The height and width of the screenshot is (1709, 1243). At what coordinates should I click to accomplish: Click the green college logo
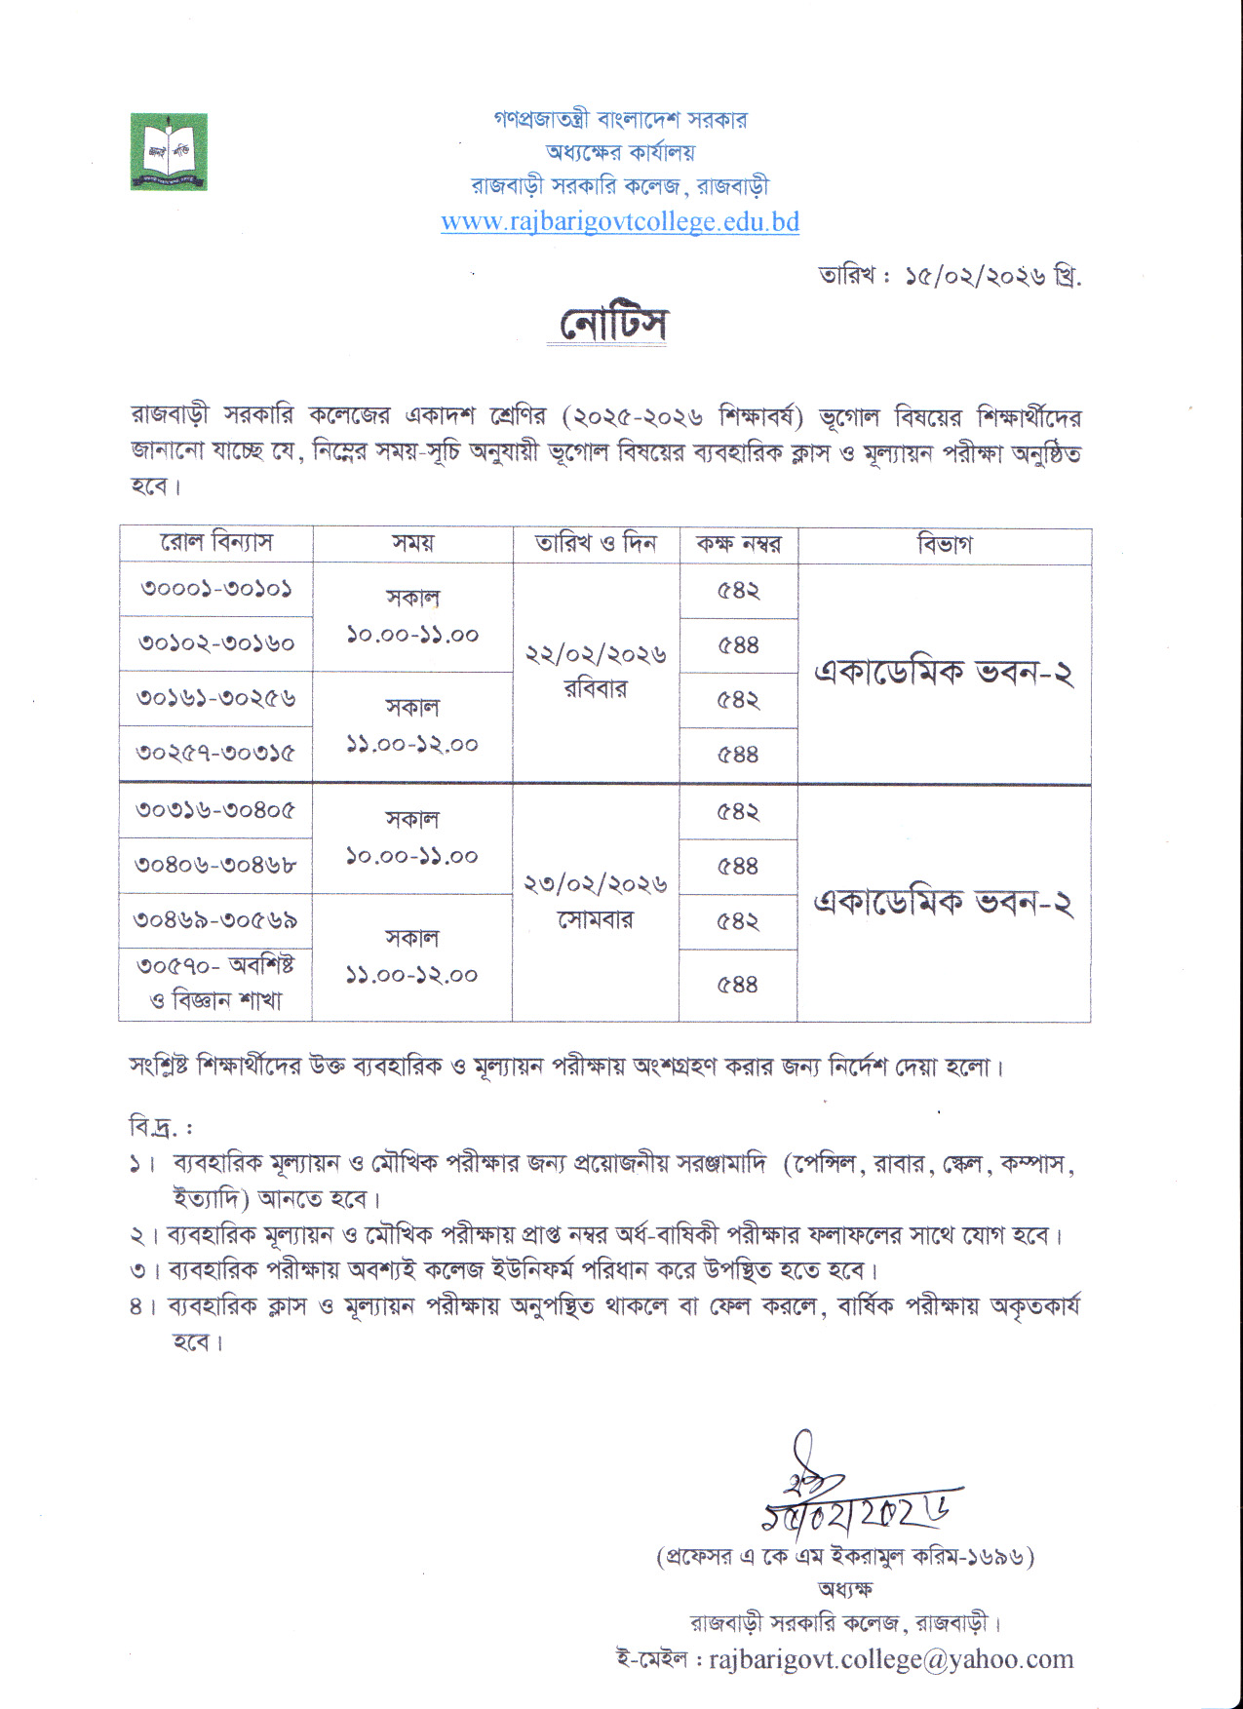pyautogui.click(x=169, y=151)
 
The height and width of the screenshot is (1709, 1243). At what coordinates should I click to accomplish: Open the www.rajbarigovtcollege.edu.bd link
pyautogui.click(x=620, y=222)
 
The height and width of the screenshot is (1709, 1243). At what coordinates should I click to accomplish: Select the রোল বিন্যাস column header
pyautogui.click(x=216, y=543)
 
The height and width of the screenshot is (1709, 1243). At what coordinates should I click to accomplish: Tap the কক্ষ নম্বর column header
pyautogui.click(x=738, y=544)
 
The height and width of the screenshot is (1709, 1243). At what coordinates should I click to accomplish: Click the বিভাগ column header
pyautogui.click(x=944, y=544)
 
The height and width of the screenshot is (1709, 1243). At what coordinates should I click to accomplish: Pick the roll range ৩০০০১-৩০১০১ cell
pyautogui.click(x=216, y=589)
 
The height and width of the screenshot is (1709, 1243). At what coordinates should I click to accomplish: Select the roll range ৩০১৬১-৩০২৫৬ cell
pyautogui.click(x=216, y=698)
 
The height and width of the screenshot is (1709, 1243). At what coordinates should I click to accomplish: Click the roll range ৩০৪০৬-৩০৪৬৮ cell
pyautogui.click(x=216, y=865)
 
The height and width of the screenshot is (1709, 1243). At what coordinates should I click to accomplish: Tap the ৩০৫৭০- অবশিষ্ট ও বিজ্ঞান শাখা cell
pyautogui.click(x=215, y=983)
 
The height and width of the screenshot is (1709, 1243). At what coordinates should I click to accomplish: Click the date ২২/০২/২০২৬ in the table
pyautogui.click(x=596, y=654)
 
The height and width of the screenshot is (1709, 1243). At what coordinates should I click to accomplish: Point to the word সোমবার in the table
pyautogui.click(x=596, y=920)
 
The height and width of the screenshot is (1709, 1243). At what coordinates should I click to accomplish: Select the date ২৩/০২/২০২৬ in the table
pyautogui.click(x=596, y=884)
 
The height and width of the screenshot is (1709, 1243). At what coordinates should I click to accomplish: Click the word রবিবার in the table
pyautogui.click(x=596, y=689)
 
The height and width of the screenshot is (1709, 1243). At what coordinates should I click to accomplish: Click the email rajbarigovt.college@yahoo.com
pyautogui.click(x=891, y=1659)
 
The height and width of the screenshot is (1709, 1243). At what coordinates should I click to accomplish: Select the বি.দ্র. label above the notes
pyautogui.click(x=161, y=1127)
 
